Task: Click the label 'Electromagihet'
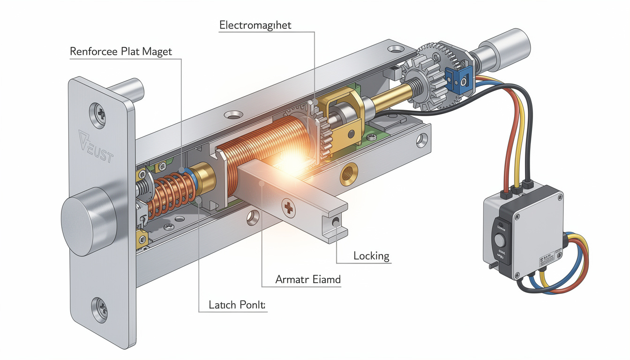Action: (255, 25)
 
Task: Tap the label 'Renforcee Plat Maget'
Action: (121, 52)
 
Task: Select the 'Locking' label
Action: (371, 256)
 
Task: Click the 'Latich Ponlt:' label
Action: (237, 305)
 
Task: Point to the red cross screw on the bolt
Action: (289, 208)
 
